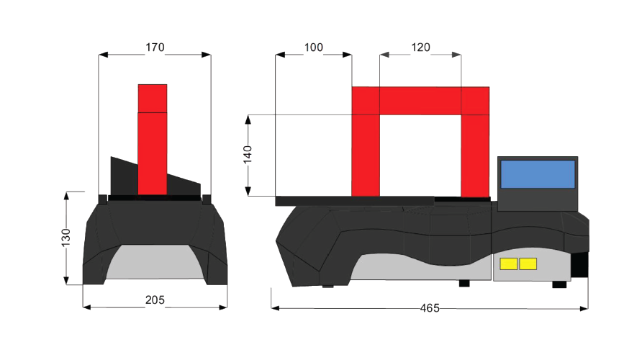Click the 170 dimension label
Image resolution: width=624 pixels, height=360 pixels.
click(155, 48)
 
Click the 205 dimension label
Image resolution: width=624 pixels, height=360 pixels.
click(155, 300)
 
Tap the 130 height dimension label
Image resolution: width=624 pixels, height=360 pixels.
click(65, 238)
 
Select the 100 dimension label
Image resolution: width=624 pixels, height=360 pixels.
click(314, 48)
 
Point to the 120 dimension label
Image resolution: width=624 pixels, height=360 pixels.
click(420, 48)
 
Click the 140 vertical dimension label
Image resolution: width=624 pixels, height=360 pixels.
click(248, 155)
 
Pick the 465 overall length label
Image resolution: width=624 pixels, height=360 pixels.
click(430, 308)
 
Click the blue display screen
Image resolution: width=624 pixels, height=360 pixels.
click(538, 174)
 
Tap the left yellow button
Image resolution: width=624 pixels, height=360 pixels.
click(509, 264)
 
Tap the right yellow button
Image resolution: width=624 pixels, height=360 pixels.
click(528, 264)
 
